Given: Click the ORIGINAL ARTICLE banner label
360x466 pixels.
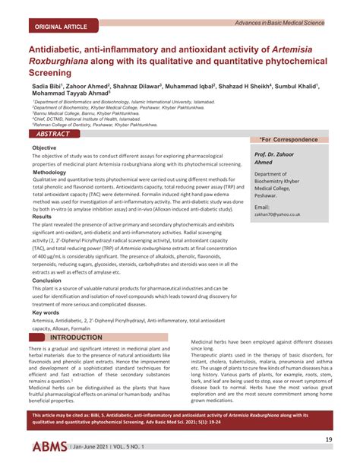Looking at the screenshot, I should click(x=58, y=26).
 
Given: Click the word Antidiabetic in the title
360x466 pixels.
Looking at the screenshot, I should click(x=61, y=49).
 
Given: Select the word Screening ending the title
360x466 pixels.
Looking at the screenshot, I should click(x=55, y=74).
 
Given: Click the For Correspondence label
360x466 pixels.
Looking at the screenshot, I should click(x=289, y=140).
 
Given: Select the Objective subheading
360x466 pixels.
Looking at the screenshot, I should click(x=44, y=147).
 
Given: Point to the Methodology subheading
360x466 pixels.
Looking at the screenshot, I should click(x=49, y=173).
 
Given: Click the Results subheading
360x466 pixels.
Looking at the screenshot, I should click(x=42, y=217).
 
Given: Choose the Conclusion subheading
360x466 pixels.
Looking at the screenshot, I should click(x=47, y=281).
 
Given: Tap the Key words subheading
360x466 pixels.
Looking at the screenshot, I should click(x=46, y=312).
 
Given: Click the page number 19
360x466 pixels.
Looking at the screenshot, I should click(x=329, y=440).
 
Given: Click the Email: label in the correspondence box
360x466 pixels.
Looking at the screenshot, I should click(x=262, y=206).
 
